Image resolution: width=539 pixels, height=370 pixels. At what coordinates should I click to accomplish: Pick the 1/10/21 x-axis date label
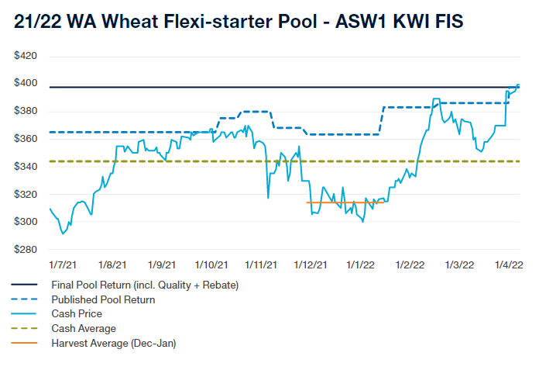211,265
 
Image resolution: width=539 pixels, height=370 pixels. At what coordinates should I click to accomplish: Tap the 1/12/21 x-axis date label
311,265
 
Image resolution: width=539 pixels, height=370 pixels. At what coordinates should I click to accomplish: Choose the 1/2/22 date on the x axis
409,265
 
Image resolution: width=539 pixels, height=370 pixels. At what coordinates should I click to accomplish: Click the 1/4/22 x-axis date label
508,265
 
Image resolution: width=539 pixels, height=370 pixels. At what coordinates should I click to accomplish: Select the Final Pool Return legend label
145,285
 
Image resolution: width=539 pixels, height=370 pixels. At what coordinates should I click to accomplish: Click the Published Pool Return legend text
103,299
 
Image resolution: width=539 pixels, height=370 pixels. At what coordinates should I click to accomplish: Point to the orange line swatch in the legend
26,343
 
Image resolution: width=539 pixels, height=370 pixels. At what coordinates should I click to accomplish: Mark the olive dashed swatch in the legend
26,328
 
